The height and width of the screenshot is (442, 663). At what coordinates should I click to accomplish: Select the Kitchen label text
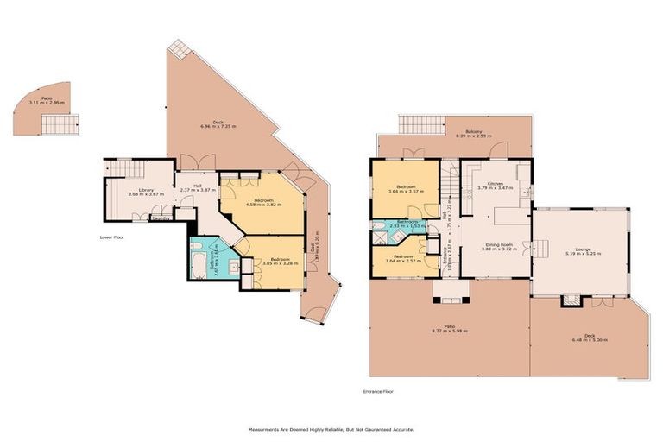coord(496,184)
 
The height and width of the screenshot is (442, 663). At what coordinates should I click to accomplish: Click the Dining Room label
coord(499,244)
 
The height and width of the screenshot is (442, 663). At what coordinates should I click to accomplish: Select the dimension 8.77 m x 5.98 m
coord(449,331)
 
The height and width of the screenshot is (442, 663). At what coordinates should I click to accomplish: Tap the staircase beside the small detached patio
coord(60,125)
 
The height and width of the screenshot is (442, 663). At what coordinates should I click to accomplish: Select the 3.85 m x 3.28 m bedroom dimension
coord(281,264)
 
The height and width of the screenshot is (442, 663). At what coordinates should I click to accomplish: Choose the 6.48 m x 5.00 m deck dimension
coord(590,340)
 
